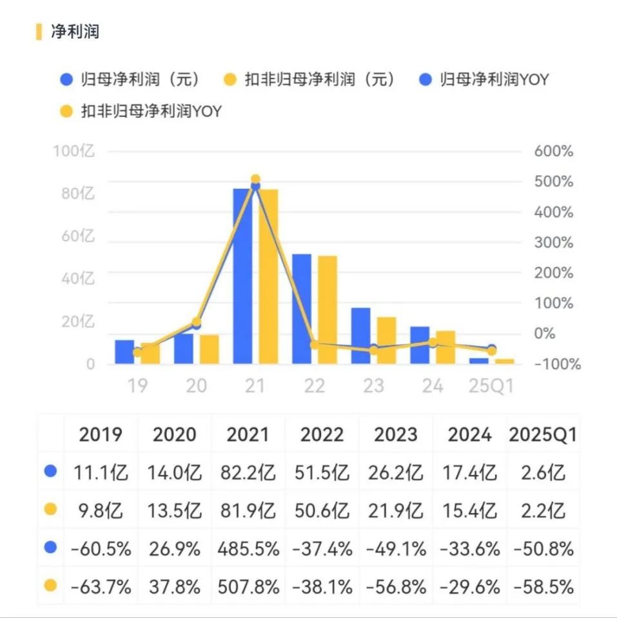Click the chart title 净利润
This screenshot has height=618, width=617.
point(75,32)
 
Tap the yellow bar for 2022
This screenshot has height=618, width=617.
point(328,309)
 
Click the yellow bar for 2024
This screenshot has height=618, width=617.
point(446,347)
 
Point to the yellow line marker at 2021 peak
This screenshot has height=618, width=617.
point(255,180)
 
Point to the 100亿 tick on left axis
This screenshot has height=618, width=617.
point(73,152)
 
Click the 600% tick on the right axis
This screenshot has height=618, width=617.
point(553,152)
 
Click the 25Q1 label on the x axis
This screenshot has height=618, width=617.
point(491,386)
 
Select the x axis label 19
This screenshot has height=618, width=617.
point(137,386)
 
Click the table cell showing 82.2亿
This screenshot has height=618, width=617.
point(248,473)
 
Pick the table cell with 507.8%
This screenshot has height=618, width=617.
point(248,587)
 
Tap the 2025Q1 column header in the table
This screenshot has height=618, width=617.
point(542,435)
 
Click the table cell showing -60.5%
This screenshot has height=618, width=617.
point(101,549)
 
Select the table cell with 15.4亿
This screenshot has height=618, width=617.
point(469,511)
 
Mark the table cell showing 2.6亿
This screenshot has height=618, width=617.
point(542,473)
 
